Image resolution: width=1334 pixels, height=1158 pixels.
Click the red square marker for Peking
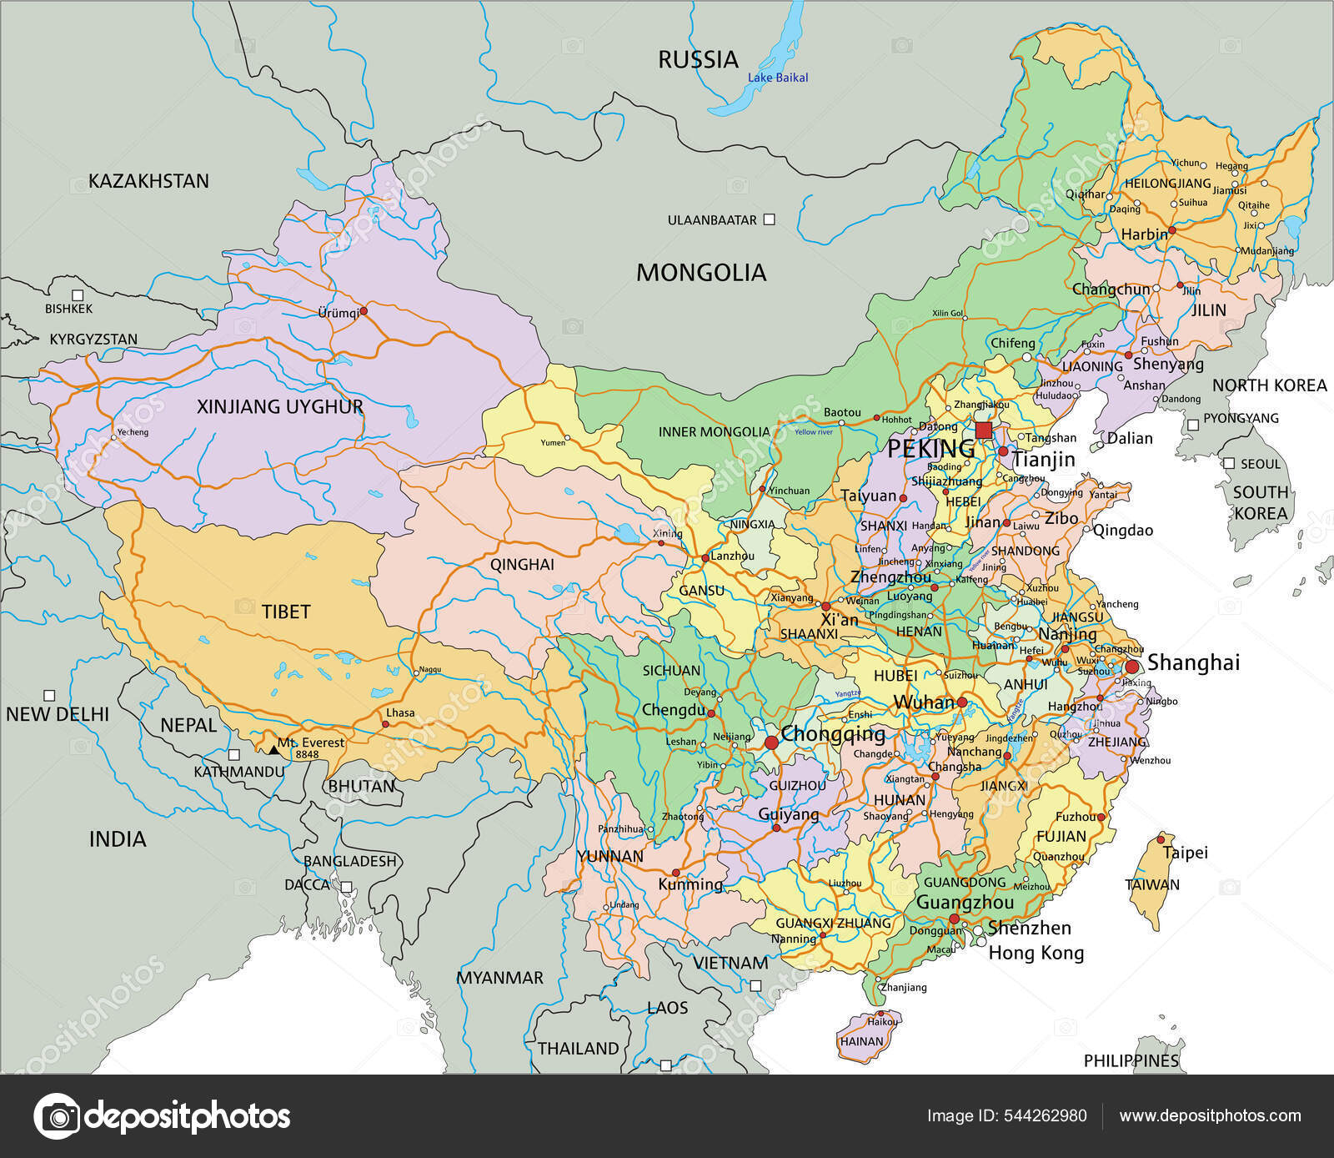(984, 430)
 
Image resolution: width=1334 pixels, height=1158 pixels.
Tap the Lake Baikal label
(777, 78)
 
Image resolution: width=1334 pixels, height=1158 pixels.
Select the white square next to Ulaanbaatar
(770, 219)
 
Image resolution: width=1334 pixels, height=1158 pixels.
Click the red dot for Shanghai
(1132, 667)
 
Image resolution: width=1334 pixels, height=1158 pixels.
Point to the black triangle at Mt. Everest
(273, 750)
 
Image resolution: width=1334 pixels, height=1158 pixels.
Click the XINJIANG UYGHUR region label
(279, 406)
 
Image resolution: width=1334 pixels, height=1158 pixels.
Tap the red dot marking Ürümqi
(364, 310)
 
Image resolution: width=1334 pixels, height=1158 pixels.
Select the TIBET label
(286, 612)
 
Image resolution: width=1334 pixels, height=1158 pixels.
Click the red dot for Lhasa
(385, 724)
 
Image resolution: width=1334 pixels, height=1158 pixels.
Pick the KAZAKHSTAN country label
(148, 181)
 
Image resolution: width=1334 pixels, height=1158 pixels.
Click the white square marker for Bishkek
(78, 295)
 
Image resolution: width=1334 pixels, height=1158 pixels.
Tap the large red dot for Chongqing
(771, 742)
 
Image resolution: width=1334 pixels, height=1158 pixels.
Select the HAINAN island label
(861, 1041)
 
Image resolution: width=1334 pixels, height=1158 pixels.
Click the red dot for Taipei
(1161, 839)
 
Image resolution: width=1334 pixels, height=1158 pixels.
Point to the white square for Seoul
(1229, 463)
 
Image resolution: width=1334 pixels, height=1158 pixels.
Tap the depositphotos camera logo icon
(57, 1115)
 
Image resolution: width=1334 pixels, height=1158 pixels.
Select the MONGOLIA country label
(700, 272)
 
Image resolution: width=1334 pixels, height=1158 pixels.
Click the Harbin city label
(1143, 234)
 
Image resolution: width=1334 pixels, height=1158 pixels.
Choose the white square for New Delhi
(49, 695)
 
